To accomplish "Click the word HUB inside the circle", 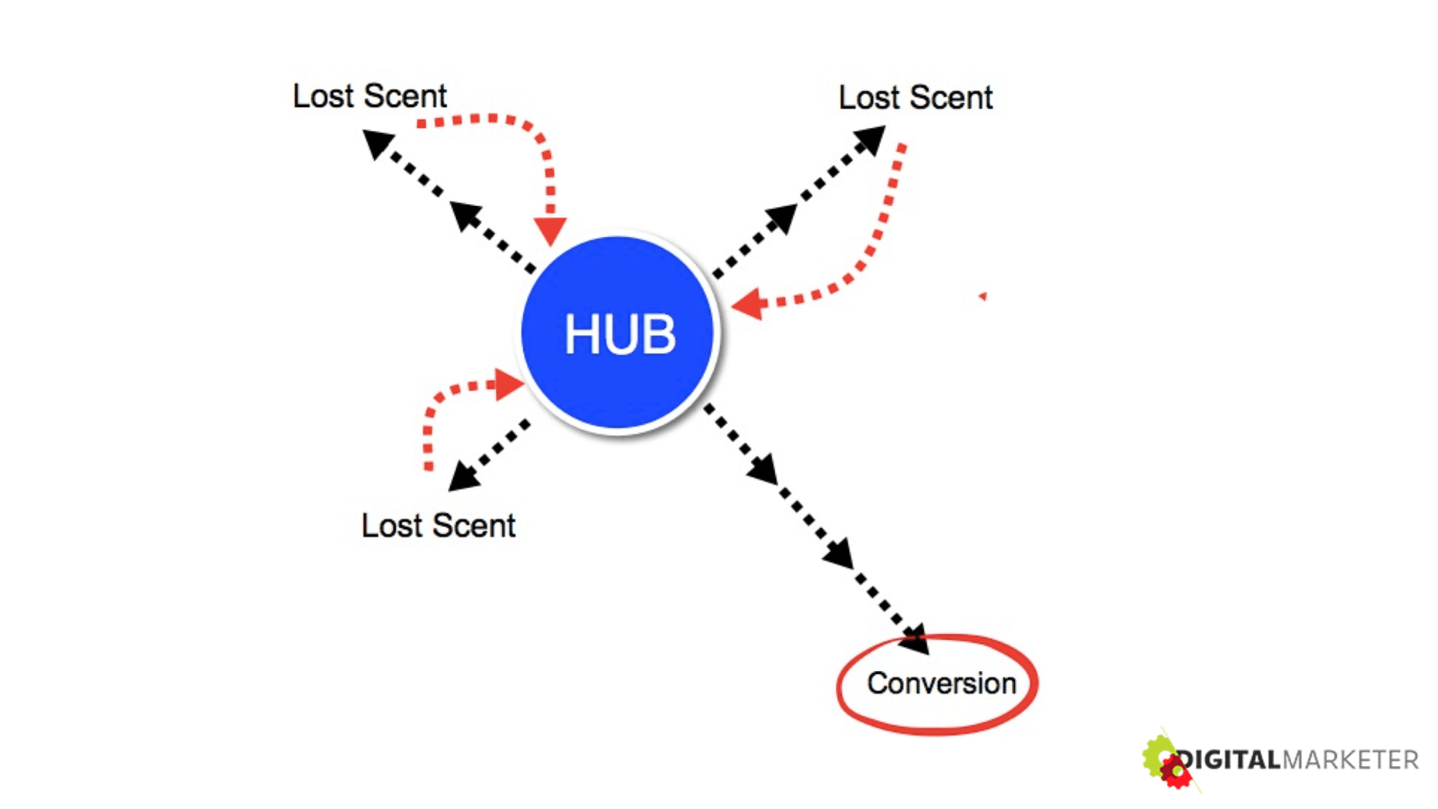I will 620,334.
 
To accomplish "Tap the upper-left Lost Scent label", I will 369,97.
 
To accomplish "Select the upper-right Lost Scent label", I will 915,98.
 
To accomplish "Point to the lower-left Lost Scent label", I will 438,526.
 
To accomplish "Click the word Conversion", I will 941,683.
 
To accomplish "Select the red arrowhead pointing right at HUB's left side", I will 509,385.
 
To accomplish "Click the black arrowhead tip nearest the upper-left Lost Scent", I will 377,142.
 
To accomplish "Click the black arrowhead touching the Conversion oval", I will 916,640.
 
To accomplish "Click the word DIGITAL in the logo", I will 1231,760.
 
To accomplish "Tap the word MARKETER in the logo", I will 1350,760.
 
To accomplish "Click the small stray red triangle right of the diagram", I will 983,297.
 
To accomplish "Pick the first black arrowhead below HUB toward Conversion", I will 763,469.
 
